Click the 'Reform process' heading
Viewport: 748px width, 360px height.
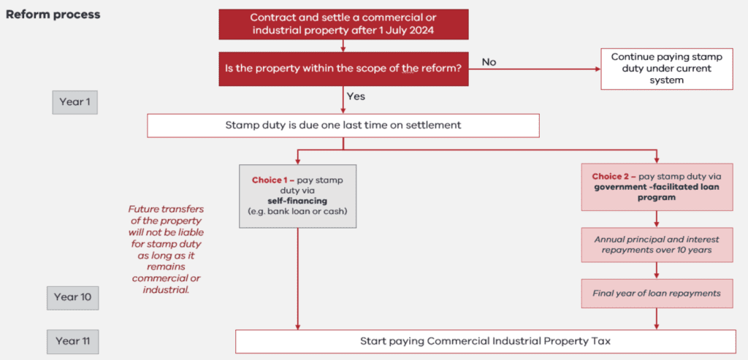[x=53, y=15]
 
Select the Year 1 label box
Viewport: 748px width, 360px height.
[x=75, y=102]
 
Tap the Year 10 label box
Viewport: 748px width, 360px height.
[x=75, y=297]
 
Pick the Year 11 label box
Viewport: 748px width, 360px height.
[x=75, y=341]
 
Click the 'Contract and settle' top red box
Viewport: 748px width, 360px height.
[x=343, y=24]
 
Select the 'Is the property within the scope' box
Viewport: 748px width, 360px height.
[x=343, y=69]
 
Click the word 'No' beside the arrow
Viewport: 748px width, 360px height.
[x=489, y=62]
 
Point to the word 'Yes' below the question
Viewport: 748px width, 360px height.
[x=356, y=96]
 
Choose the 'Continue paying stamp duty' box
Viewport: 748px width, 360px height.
[x=666, y=69]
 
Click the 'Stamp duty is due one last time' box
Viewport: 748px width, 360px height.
[x=343, y=125]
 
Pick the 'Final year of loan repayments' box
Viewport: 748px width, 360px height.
[x=657, y=294]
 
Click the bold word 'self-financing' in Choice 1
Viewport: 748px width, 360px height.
[x=297, y=200]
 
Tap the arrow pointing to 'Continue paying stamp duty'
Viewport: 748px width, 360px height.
[x=541, y=69]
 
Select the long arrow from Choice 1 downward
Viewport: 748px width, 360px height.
[x=298, y=277]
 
